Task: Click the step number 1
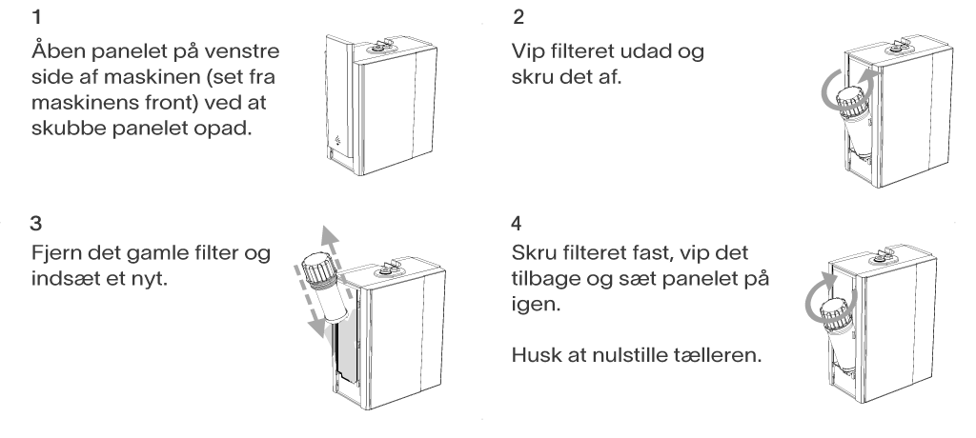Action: (37, 17)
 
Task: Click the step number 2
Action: (518, 17)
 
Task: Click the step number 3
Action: (36, 223)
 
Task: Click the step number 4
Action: (517, 223)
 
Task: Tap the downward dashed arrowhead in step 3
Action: (317, 327)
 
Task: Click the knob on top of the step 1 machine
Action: (378, 48)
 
